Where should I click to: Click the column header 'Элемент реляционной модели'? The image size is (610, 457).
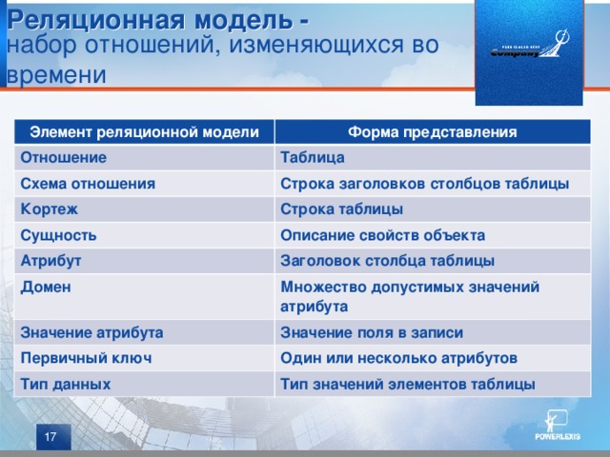click(x=145, y=131)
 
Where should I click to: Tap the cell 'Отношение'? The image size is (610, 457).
click(x=64, y=156)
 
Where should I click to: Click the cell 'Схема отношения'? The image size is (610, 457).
click(x=89, y=182)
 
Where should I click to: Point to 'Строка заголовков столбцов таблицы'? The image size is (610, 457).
click(x=425, y=183)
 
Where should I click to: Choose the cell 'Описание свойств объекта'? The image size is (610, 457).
click(x=382, y=234)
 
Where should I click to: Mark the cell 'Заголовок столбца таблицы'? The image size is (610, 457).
click(x=387, y=260)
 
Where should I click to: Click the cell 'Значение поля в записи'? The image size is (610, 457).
click(x=372, y=332)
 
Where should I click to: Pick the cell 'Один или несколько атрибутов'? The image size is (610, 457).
click(x=398, y=358)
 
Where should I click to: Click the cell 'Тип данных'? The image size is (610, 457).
click(x=66, y=384)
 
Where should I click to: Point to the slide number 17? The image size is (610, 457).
click(x=49, y=435)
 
